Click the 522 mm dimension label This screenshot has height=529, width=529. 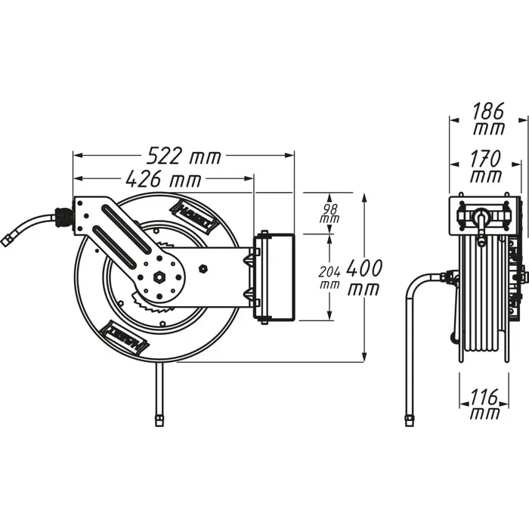coord(184,156)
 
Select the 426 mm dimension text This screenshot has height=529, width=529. coord(163,180)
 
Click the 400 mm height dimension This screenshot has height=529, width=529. coord(368,277)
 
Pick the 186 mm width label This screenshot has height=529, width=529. coord(489,119)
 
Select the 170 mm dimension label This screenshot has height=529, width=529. coord(485,167)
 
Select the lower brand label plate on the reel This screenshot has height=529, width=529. coord(125,336)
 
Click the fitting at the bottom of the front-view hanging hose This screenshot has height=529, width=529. coord(159,416)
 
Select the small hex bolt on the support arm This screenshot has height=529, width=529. coord(203,268)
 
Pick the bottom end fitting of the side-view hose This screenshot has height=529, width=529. coord(410,419)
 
